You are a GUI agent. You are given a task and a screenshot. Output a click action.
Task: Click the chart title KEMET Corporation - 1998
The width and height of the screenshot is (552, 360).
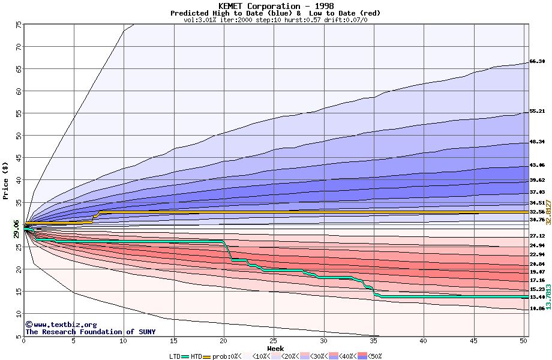(x=275, y=6)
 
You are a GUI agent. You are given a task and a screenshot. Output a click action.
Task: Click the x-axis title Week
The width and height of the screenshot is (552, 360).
(x=275, y=349)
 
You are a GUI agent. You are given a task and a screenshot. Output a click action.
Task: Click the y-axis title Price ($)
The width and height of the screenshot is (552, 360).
(x=6, y=181)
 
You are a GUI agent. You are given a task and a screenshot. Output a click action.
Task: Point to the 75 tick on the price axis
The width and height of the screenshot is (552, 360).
(x=18, y=25)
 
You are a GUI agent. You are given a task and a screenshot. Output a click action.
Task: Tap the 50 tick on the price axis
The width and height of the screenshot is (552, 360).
(x=18, y=136)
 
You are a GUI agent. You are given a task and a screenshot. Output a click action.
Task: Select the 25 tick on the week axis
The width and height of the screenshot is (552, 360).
(x=274, y=341)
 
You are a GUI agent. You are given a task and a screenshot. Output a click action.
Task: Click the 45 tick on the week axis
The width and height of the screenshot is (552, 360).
(x=473, y=341)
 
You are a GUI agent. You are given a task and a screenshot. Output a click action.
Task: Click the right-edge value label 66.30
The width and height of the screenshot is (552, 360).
(x=537, y=62)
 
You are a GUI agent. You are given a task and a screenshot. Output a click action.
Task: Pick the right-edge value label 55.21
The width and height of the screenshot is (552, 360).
(x=537, y=112)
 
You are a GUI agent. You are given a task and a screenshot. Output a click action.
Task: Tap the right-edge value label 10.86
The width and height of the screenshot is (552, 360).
(x=537, y=308)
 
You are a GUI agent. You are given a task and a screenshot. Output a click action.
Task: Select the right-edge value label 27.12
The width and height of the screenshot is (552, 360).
(x=537, y=236)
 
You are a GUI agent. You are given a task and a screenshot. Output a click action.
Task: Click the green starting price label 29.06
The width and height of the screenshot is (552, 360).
(x=16, y=229)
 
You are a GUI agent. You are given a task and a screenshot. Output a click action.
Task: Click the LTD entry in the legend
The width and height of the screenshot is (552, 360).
(x=175, y=356)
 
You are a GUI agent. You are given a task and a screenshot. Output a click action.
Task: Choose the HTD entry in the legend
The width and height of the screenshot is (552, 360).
(x=196, y=356)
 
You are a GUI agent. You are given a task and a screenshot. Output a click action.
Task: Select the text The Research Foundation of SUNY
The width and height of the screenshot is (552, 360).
(x=90, y=332)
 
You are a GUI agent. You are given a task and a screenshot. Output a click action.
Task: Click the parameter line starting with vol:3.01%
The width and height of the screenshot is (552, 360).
(x=275, y=20)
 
